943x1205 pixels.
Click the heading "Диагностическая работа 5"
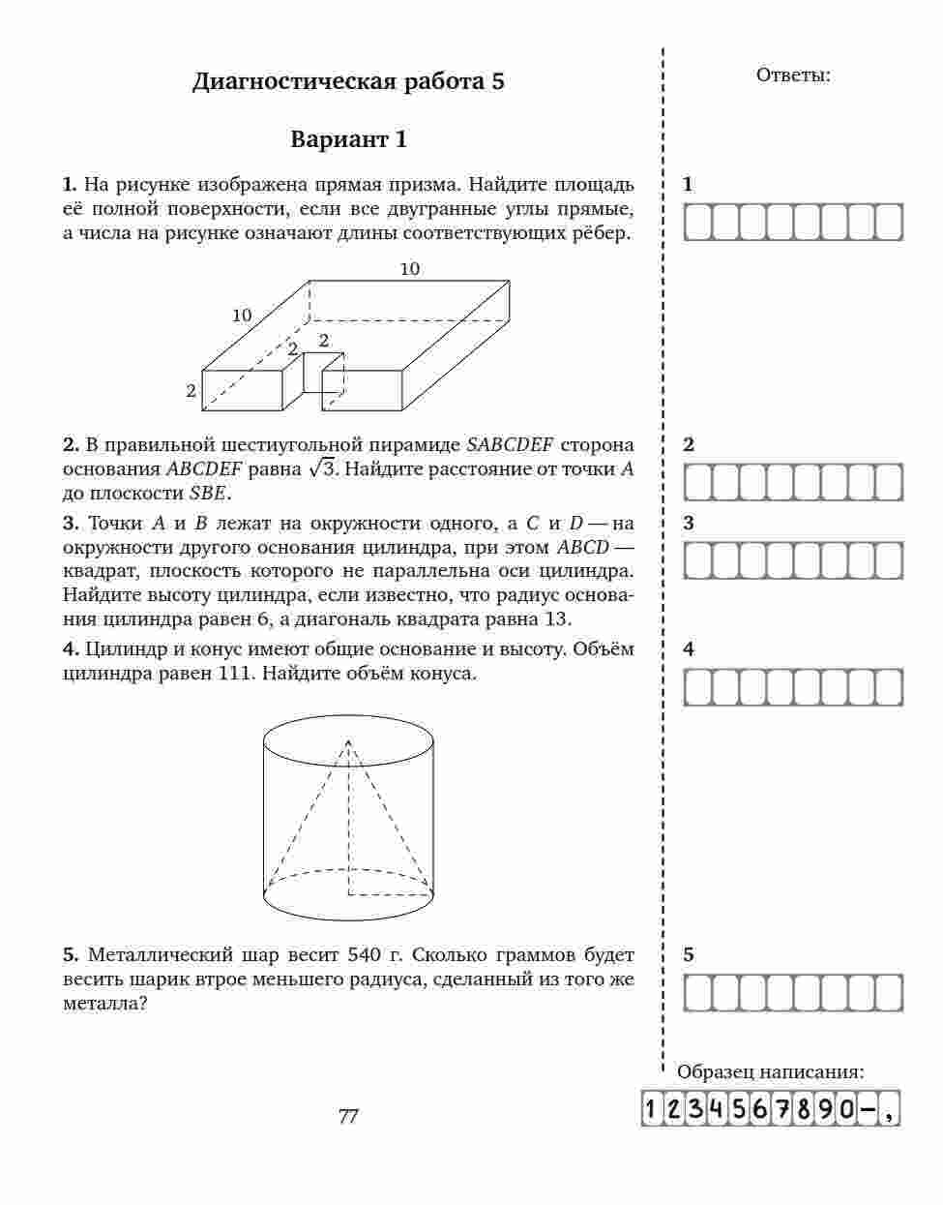(x=348, y=81)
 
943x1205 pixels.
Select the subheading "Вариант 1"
(x=348, y=139)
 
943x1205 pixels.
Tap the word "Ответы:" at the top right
(x=792, y=75)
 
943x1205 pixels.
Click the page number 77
(x=348, y=1116)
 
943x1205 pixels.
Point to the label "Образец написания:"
(x=770, y=1071)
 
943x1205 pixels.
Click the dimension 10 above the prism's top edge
(x=410, y=269)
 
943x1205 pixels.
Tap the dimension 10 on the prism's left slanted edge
(x=242, y=315)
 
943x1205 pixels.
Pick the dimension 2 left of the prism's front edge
(x=192, y=391)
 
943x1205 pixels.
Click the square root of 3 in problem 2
(x=320, y=469)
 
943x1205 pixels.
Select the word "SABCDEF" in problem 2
(x=510, y=445)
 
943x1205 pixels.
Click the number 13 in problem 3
(x=558, y=618)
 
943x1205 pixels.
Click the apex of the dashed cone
(x=348, y=740)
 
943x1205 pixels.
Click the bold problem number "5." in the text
(x=71, y=955)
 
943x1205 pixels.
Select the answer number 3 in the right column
(x=689, y=524)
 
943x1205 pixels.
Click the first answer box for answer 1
(x=698, y=223)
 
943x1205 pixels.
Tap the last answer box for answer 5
(x=889, y=993)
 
